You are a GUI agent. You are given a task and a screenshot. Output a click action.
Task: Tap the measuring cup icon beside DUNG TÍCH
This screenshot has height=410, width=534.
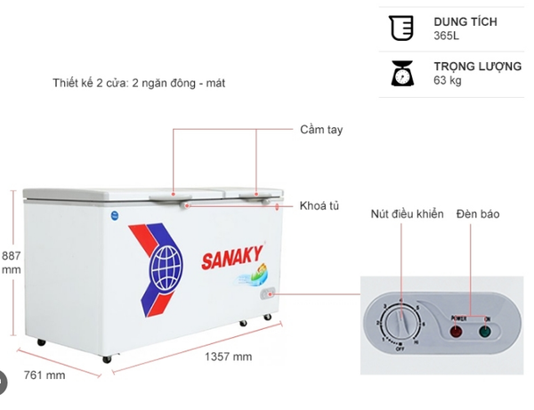(x=402, y=28)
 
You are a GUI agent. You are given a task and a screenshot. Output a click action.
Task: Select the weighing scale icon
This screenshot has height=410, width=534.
(x=402, y=73)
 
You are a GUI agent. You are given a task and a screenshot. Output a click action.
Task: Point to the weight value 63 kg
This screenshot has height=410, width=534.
(x=448, y=81)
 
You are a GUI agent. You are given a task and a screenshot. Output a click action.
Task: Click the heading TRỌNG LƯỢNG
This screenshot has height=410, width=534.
(x=478, y=67)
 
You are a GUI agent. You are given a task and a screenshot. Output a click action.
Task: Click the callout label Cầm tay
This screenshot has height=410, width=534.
(x=321, y=130)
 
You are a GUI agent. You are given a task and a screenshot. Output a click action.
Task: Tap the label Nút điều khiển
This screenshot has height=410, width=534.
(x=407, y=214)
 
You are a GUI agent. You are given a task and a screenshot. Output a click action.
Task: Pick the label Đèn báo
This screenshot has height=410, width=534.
(x=477, y=214)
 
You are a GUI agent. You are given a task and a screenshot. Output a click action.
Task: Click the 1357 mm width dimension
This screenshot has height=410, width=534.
(x=229, y=357)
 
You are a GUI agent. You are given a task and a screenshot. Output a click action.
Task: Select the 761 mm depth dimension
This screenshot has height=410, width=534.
(x=44, y=374)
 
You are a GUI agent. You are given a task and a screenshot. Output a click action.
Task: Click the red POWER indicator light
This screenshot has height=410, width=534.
(x=457, y=332)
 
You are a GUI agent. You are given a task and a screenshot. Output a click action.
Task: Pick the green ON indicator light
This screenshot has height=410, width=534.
(x=485, y=332)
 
